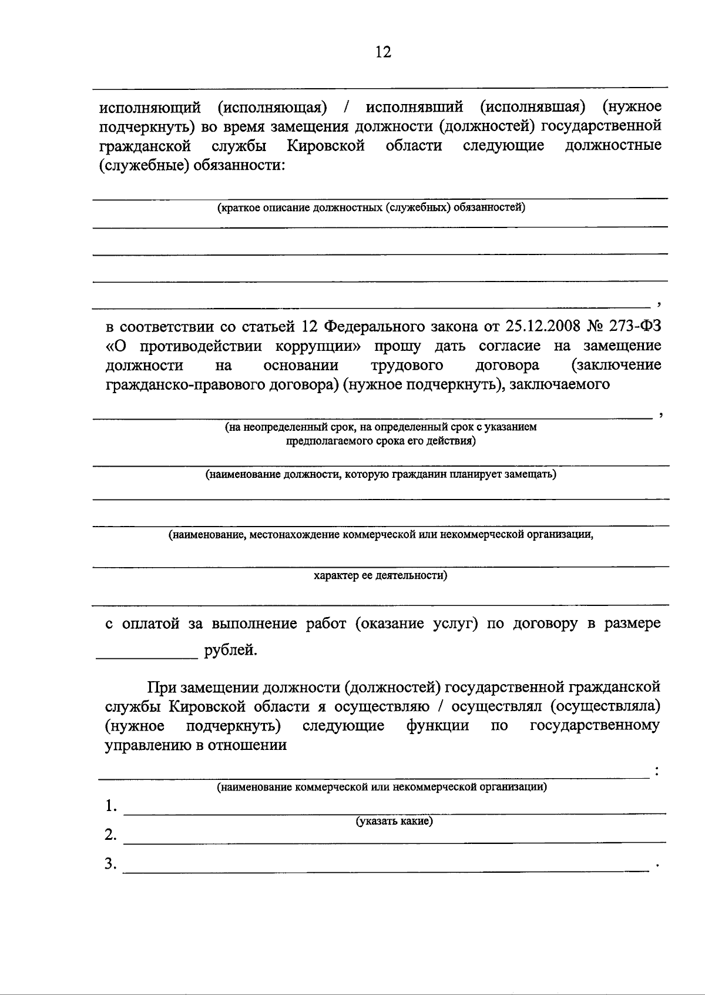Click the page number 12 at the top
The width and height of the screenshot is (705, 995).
click(382, 52)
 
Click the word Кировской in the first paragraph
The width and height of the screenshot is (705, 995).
click(326, 146)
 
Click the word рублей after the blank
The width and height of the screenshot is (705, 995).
click(230, 651)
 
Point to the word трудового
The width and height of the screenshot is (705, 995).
click(407, 365)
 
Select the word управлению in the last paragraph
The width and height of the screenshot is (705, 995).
click(142, 745)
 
